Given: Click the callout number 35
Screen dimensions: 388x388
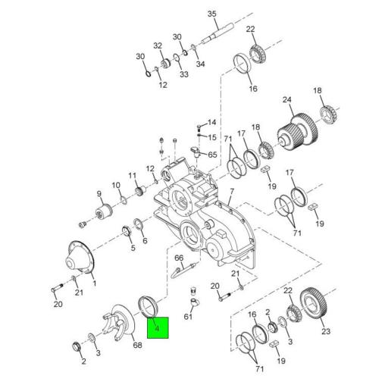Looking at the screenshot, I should click(211, 14).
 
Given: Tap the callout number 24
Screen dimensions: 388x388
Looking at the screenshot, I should click(287, 99).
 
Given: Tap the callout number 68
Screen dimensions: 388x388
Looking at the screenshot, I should click(136, 346).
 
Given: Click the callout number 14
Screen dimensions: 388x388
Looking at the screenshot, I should click(211, 122).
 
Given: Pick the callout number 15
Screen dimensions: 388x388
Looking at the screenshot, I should click(211, 137).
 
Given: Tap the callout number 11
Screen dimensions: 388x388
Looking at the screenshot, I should click(133, 175).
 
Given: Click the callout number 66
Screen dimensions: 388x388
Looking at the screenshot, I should click(179, 258).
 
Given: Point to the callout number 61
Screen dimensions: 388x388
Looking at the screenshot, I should click(188, 317).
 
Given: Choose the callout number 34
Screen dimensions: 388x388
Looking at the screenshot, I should click(200, 64).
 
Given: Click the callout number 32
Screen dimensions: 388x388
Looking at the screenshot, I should click(158, 45).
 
